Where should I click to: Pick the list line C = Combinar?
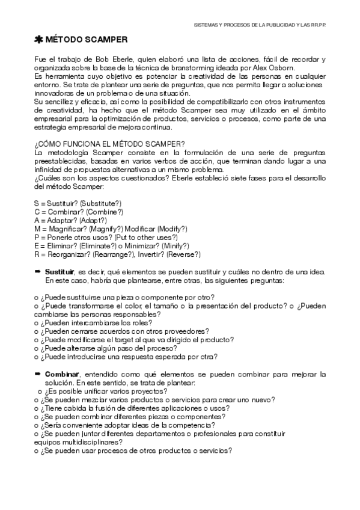78,212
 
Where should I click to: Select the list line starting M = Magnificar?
111,229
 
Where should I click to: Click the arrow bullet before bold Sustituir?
37,272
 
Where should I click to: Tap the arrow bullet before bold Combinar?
37,373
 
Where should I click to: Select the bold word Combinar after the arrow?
61,373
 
